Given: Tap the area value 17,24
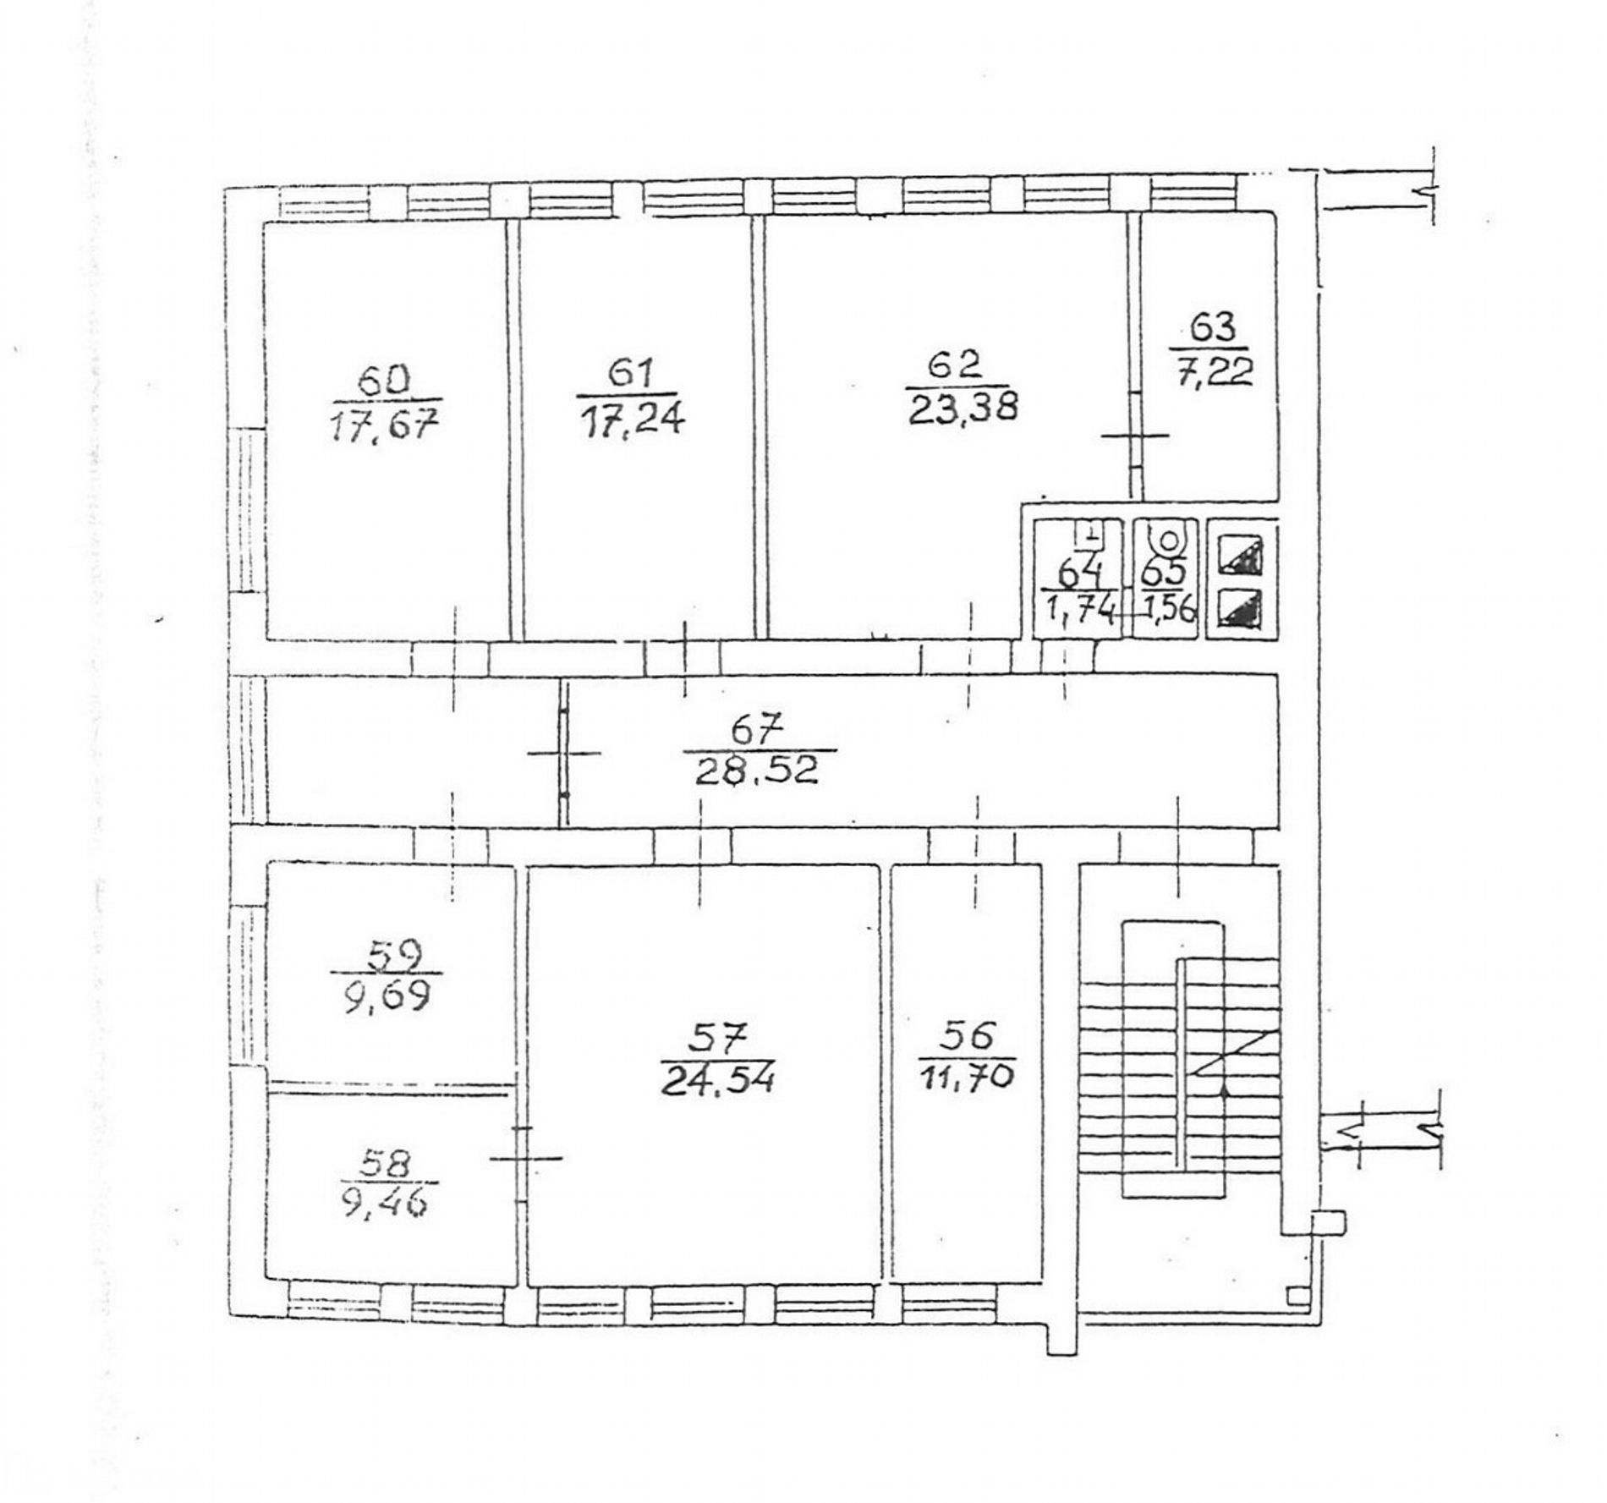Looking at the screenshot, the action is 628,420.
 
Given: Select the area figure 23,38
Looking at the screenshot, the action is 963,409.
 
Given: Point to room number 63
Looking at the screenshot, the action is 1212,326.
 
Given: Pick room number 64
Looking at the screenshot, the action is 1080,574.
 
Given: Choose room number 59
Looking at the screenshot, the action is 389,956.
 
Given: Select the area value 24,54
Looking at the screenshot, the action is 717,1082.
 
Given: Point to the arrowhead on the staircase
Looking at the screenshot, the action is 1224,1091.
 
